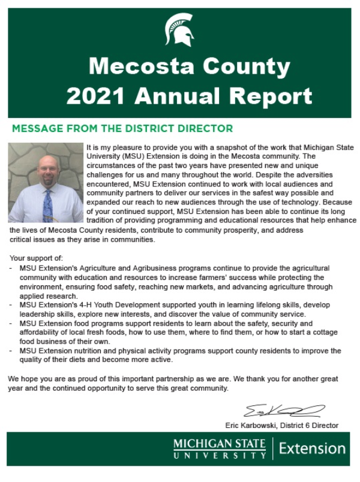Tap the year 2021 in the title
(97, 96)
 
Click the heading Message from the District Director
(122, 128)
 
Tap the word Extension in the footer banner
(312, 448)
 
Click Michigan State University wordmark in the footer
(219, 449)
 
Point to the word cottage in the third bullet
(325, 332)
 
